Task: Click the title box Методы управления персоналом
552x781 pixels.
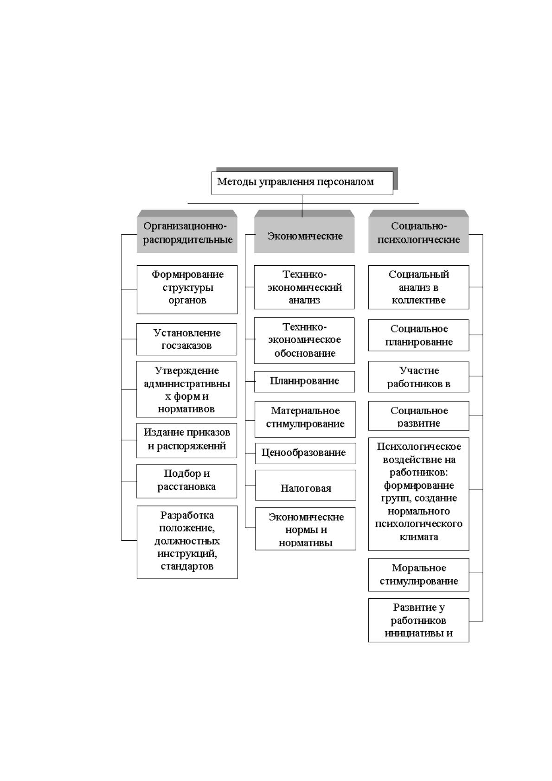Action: tap(302, 183)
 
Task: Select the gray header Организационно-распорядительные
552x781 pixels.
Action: tap(187, 231)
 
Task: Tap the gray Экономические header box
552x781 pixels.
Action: tap(304, 231)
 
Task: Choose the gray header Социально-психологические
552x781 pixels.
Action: tap(418, 231)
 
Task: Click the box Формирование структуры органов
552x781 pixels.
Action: tap(187, 289)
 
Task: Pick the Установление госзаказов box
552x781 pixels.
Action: tap(186, 339)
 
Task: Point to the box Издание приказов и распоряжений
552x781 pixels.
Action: tap(186, 441)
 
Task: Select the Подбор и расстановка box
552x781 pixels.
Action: tap(186, 481)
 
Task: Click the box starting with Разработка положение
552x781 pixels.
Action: tap(187, 542)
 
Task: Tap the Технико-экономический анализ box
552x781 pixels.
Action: tap(304, 287)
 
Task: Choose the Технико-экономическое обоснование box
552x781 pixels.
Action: tap(304, 340)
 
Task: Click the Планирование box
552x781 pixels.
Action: tap(304, 381)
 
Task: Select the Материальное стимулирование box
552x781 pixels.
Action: tap(305, 419)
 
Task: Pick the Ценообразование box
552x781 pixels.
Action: tap(306, 453)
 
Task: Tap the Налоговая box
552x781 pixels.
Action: tap(306, 485)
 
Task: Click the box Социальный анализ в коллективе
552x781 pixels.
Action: tap(418, 287)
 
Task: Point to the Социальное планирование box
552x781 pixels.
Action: tap(418, 335)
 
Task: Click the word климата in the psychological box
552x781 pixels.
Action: tap(418, 537)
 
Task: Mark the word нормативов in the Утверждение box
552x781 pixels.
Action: tap(186, 409)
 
